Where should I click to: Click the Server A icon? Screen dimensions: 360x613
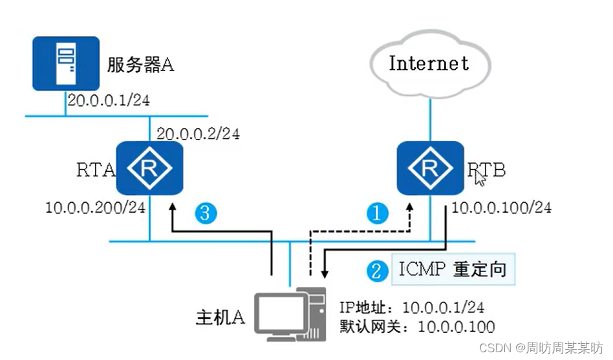click(65, 63)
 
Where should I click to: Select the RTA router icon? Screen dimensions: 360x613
click(149, 169)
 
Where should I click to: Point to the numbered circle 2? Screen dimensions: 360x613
click(375, 270)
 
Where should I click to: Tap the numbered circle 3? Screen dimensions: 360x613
click(206, 213)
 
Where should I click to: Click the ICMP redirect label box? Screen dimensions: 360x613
click(452, 269)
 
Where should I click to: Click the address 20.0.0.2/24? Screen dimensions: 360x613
click(198, 134)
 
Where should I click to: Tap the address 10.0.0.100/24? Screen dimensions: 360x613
click(501, 208)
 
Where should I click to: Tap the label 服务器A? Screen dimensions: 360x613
click(140, 65)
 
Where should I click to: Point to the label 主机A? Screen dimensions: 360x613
click(220, 318)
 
